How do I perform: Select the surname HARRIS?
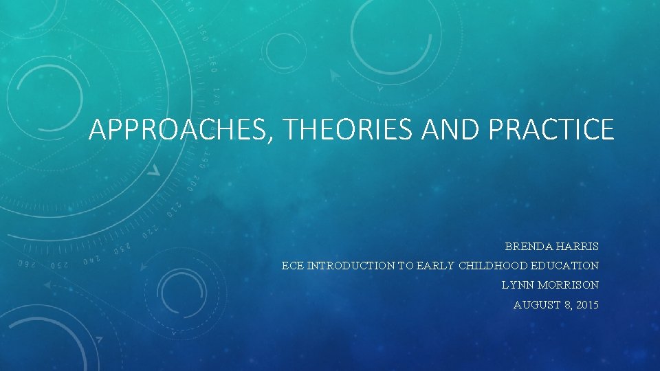tap(578, 246)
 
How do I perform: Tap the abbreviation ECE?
tap(293, 265)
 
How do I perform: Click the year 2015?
tap(586, 304)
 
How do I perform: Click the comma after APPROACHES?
tap(276, 137)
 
